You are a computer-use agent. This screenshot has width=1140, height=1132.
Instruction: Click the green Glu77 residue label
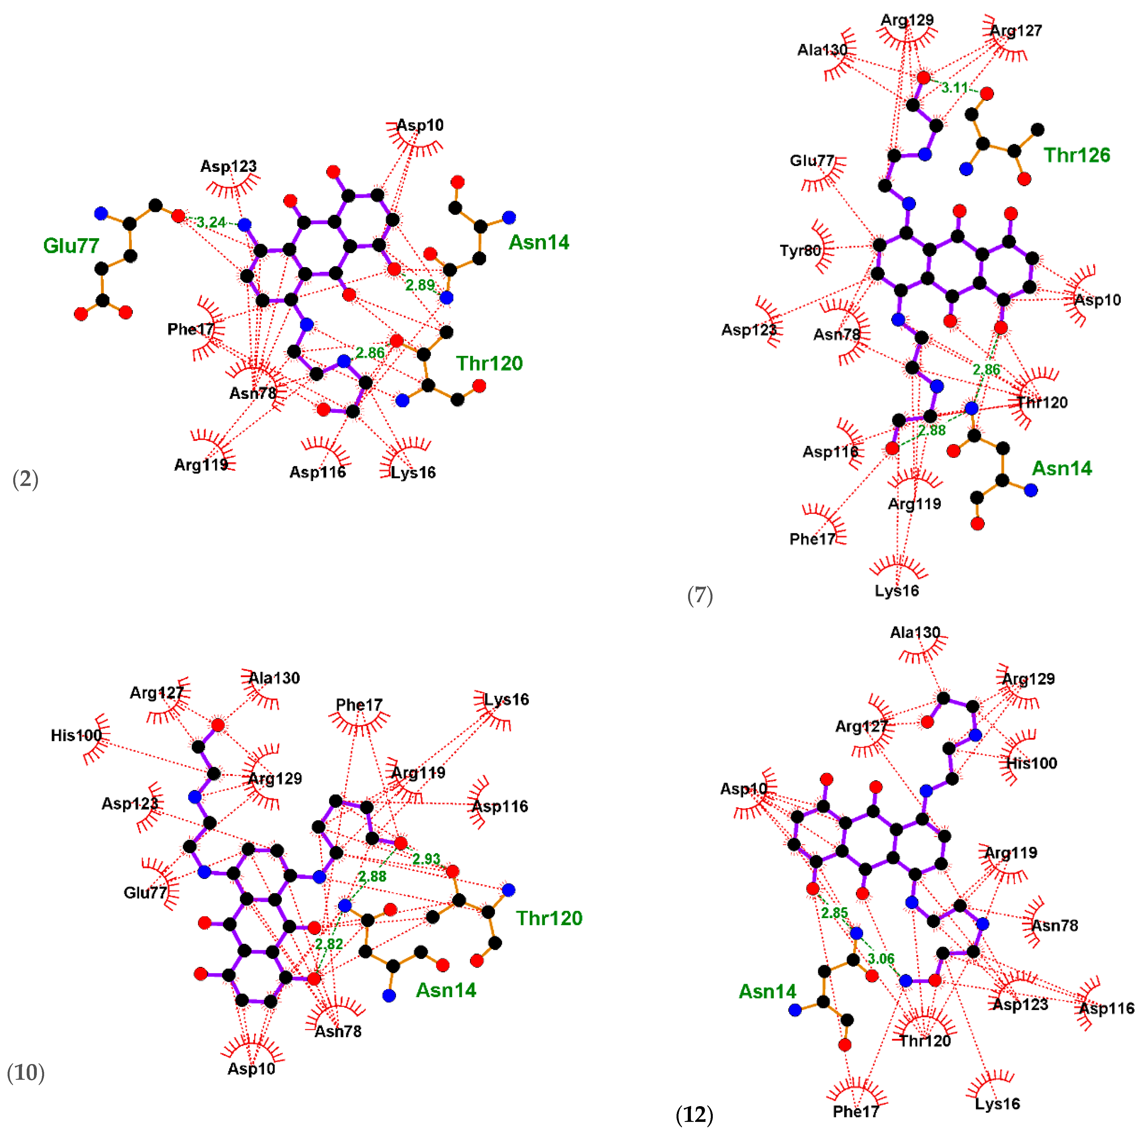(71, 245)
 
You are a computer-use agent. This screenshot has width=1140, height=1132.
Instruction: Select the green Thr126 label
(1077, 155)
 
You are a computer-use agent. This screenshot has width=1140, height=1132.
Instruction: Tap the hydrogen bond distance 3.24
(211, 222)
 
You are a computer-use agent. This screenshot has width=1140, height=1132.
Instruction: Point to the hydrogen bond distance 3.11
(954, 88)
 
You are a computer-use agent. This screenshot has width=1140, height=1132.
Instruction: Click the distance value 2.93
(426, 859)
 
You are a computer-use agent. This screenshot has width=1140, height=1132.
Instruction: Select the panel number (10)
(25, 1072)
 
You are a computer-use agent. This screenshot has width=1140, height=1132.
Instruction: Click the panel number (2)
(25, 479)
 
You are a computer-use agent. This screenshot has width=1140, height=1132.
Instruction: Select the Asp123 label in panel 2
(228, 166)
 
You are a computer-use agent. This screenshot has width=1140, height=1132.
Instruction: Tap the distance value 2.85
(834, 913)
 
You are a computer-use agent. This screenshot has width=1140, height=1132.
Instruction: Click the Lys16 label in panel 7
(896, 590)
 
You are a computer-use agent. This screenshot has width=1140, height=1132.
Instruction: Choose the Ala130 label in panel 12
(915, 633)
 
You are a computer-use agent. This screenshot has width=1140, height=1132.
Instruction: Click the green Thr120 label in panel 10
(549, 918)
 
